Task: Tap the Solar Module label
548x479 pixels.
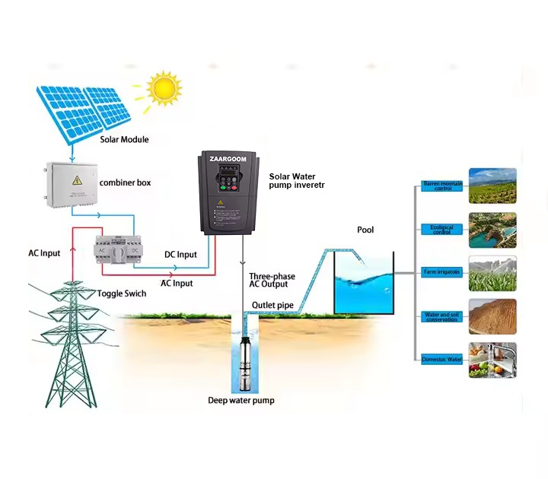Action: (124, 140)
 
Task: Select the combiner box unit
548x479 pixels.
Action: (72, 184)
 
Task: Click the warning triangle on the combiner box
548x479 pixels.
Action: (77, 180)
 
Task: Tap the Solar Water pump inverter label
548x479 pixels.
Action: (292, 181)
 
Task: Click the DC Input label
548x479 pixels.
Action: (180, 255)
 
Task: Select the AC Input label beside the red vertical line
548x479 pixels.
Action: (44, 253)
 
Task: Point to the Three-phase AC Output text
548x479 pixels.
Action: (272, 281)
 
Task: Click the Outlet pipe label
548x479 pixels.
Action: (272, 306)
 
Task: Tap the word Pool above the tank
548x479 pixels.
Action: (365, 230)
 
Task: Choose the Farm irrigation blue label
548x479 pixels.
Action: (442, 272)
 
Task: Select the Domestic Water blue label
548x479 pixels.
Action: (442, 359)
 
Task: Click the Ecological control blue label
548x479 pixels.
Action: (442, 229)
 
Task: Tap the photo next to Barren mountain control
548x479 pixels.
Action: (492, 186)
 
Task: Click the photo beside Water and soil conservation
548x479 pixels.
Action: (492, 316)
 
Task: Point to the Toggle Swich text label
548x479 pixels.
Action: (122, 293)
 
